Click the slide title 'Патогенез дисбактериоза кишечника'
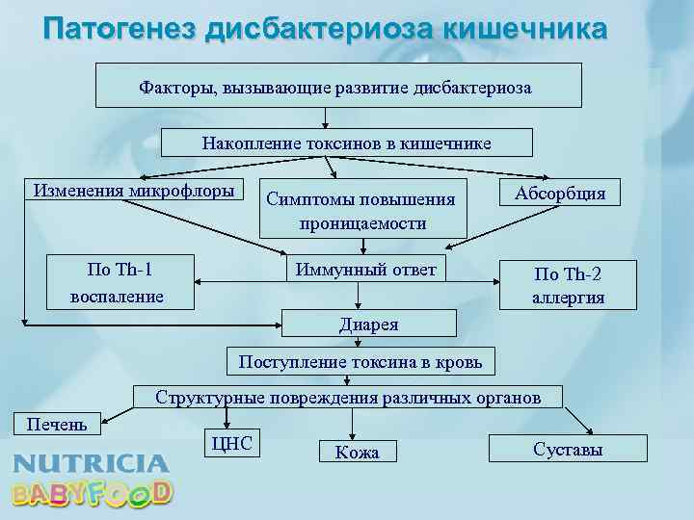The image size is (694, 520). (x=326, y=28)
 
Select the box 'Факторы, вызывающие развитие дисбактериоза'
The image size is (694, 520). (x=337, y=86)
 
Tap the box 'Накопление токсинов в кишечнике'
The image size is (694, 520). (x=346, y=143)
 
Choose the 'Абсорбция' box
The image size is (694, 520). (x=560, y=193)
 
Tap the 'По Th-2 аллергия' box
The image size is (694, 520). (x=568, y=284)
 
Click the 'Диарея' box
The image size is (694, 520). (x=367, y=324)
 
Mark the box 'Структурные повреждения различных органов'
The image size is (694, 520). (x=348, y=397)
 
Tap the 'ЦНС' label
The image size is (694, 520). (x=230, y=443)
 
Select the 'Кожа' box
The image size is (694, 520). (x=357, y=452)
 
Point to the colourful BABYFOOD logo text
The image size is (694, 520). (x=93, y=493)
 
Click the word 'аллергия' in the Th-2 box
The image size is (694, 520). (x=568, y=298)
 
